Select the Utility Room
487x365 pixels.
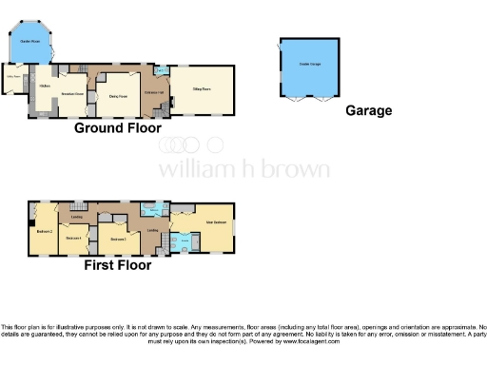[x=13, y=78]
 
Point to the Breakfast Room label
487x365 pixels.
[x=73, y=94]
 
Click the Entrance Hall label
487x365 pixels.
[x=155, y=91]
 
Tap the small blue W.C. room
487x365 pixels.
[x=162, y=70]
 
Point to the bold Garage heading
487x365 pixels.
[x=368, y=110]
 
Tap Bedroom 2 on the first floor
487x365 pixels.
[x=44, y=231]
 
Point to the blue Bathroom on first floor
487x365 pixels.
[x=149, y=211]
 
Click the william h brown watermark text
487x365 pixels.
[x=243, y=170]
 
